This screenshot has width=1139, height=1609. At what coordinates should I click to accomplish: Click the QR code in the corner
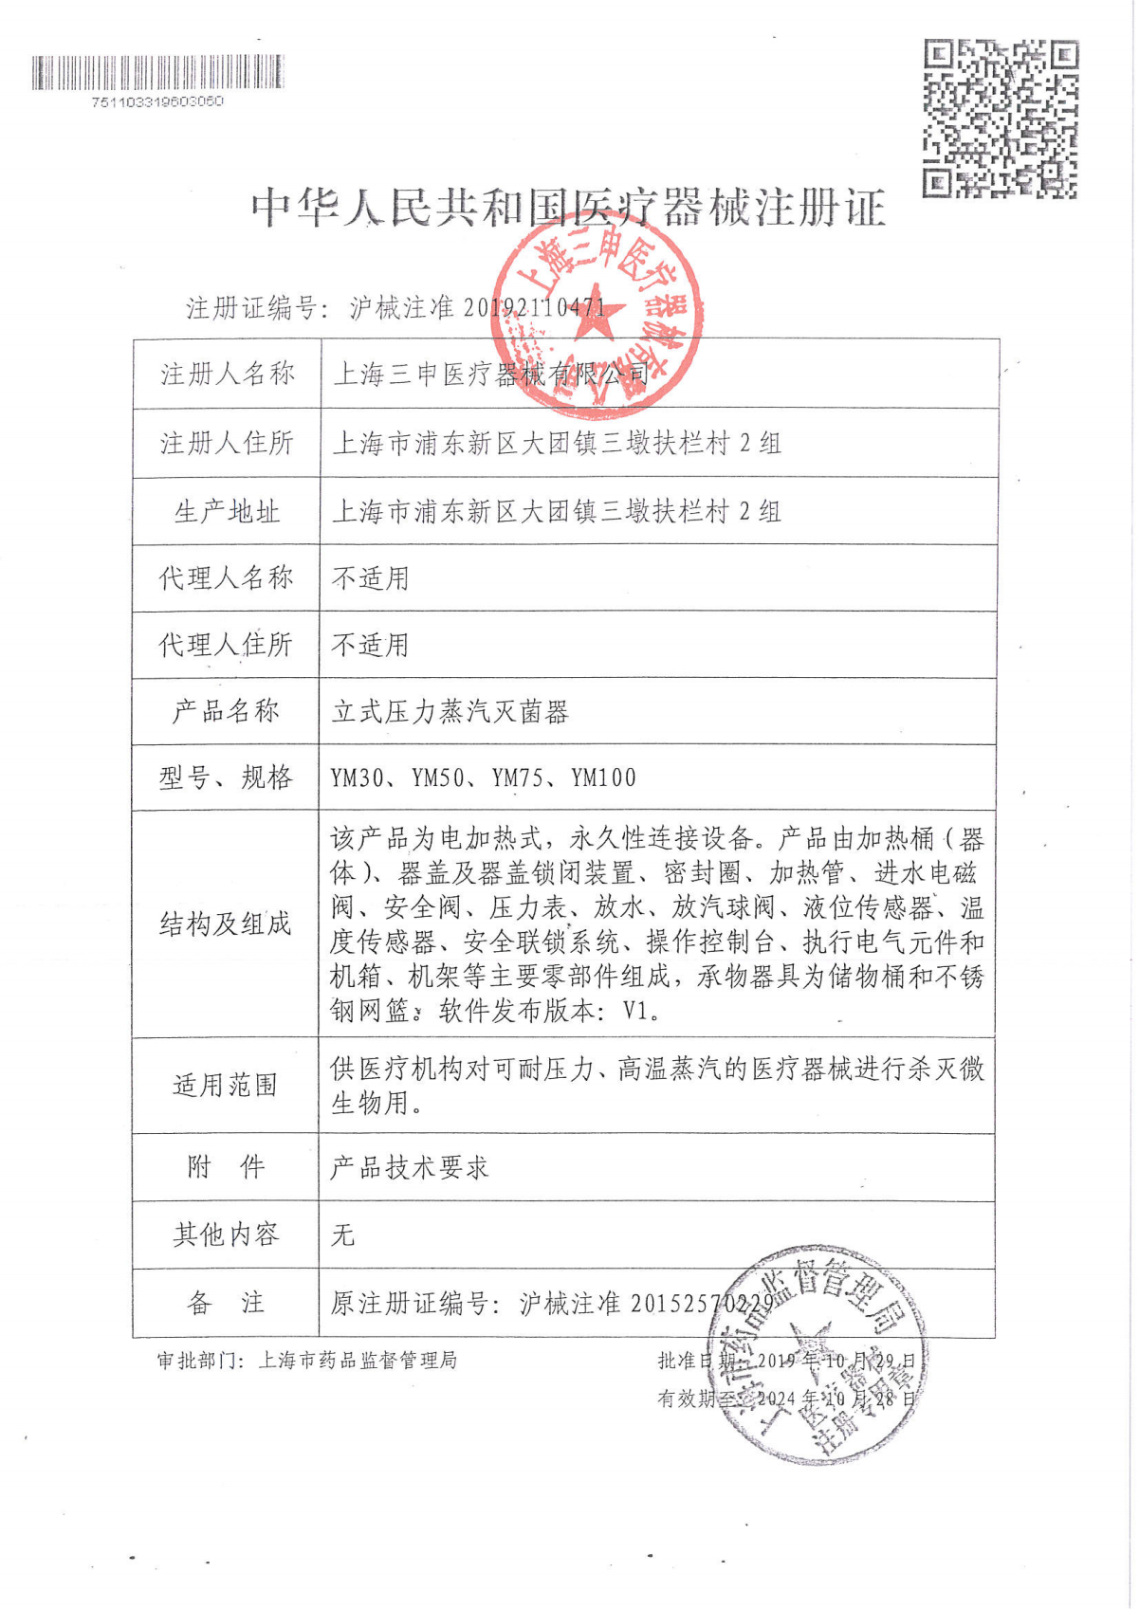coord(1001,119)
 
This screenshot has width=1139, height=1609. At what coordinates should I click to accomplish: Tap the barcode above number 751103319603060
coord(157,72)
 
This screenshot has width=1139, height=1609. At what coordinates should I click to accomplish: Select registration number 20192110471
coord(534,308)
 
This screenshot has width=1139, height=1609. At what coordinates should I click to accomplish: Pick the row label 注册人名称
coord(228,375)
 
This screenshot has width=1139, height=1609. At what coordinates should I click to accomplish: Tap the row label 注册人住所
coord(228,443)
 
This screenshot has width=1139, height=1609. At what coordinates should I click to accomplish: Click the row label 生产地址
coord(228,512)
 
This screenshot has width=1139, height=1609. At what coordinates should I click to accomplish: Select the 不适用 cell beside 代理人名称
coord(371,578)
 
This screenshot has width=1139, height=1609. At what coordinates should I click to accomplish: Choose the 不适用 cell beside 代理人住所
coord(371,646)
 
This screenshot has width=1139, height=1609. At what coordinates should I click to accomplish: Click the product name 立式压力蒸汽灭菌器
coord(450,712)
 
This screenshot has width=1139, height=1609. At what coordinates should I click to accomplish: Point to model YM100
coord(604,778)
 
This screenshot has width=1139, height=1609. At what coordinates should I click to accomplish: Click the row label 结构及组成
coord(226,924)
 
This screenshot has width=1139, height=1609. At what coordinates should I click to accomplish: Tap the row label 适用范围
coord(226,1086)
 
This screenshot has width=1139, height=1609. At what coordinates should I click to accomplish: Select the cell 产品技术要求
coord(410,1168)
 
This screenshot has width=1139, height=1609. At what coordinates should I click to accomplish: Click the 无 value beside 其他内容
coord(342,1235)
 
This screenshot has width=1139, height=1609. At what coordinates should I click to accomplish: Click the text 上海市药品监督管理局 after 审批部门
coord(358,1361)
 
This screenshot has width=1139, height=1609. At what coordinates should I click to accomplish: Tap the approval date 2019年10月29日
coord(836,1361)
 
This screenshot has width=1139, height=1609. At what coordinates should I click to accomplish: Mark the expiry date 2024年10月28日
coord(836,1399)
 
